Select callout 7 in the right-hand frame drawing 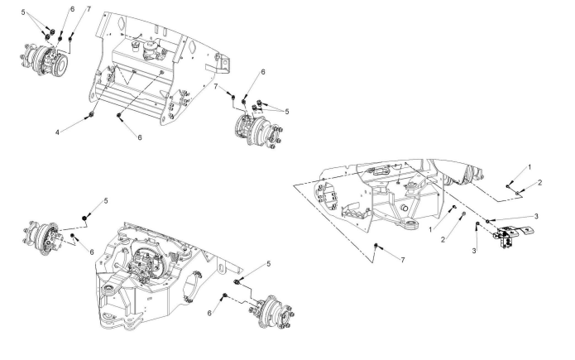(x=402, y=262)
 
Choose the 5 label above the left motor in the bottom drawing (x=106, y=200)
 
